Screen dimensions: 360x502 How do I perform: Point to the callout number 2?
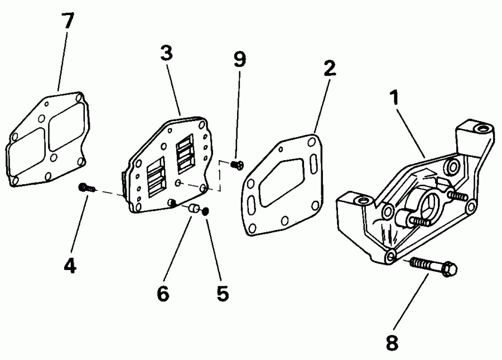point(330,69)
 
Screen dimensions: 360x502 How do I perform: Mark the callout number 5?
point(223,293)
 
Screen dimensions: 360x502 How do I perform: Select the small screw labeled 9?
point(238,164)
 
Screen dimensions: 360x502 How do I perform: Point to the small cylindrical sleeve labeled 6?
point(192,208)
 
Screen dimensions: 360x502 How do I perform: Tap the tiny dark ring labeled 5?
point(206,211)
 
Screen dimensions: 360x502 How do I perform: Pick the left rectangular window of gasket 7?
point(26,149)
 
